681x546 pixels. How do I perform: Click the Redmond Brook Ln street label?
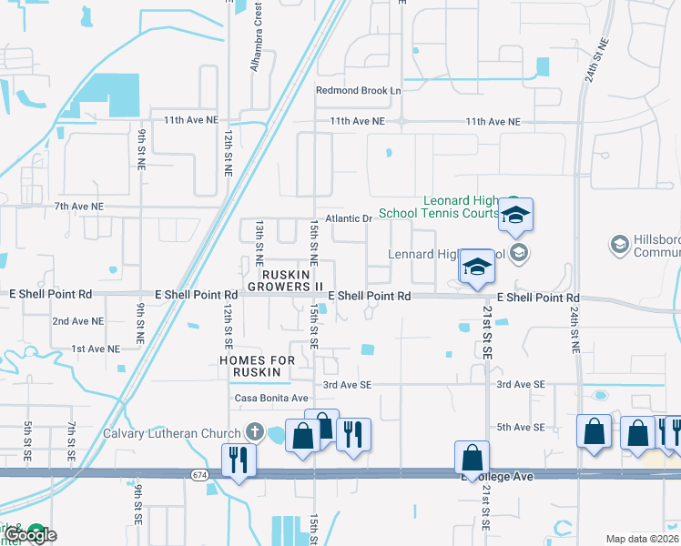coord(358,91)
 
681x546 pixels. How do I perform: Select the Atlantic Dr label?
coord(355,218)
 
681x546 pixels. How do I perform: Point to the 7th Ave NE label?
coord(78,207)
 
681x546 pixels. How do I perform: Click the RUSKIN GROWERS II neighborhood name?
coord(292,279)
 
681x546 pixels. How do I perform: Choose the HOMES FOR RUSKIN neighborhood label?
coord(258,368)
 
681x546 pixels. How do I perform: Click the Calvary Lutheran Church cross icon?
coord(256,432)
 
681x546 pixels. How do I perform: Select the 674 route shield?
coord(199,475)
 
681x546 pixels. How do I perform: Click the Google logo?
coord(30,535)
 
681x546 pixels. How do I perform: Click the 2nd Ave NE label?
coord(76,321)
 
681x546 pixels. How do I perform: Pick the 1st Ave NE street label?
coord(95,349)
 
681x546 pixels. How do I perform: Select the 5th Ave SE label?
coord(520,427)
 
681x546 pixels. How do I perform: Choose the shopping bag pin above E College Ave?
coord(472,455)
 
